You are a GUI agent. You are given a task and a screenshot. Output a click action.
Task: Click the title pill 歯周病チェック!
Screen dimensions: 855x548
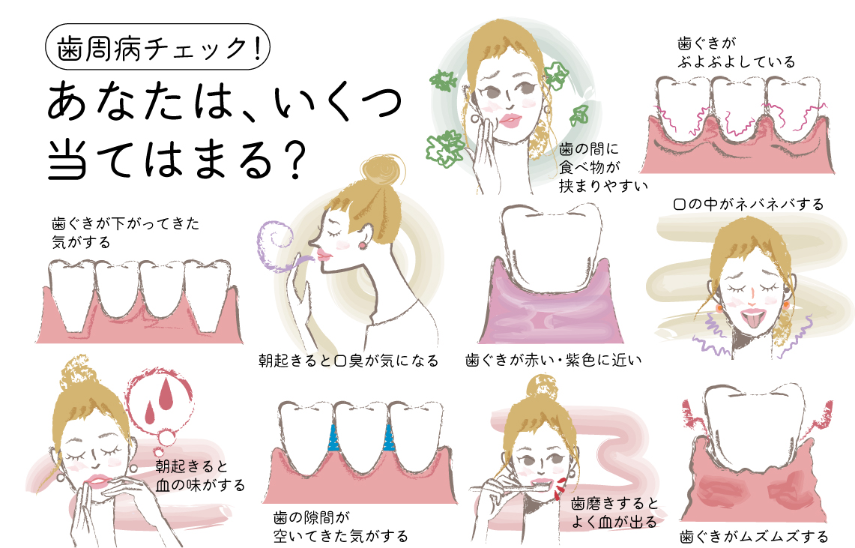point(157,46)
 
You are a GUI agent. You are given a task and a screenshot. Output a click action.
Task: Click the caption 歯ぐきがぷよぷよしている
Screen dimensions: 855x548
point(736,52)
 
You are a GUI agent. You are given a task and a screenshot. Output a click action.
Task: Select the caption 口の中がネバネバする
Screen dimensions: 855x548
point(748,205)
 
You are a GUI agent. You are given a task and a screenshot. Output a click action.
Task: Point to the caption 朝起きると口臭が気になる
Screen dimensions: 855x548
point(348,361)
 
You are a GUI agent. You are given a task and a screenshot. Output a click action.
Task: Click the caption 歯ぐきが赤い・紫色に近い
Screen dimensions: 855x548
point(553,360)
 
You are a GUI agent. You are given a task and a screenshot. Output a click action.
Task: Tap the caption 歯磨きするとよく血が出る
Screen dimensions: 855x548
point(614,513)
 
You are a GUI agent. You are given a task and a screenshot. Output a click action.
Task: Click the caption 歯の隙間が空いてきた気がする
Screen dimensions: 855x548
point(340,527)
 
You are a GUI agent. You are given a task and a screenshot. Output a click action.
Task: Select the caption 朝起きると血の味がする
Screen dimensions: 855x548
point(200,475)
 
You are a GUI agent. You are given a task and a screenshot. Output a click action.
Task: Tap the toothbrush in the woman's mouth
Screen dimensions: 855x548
point(513,485)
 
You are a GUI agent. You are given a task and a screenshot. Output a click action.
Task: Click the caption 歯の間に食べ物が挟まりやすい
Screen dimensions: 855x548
point(603,167)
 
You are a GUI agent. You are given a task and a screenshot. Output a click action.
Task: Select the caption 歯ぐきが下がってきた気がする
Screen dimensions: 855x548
point(125,233)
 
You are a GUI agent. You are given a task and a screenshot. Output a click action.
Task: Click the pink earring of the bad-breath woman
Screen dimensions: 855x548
point(361,245)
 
